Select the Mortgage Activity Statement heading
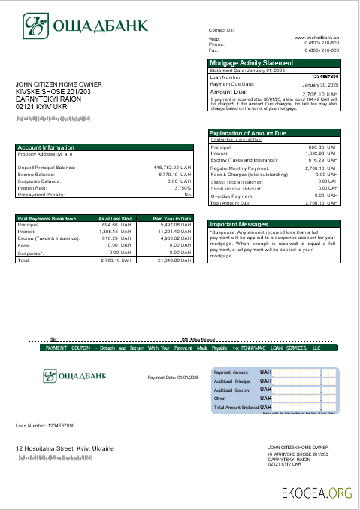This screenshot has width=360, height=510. pos(252,63)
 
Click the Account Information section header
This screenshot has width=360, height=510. pos(46,147)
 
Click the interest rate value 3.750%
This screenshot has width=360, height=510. pos(183,187)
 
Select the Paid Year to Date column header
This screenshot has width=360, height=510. pos(172,218)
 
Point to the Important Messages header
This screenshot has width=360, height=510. pos(238,224)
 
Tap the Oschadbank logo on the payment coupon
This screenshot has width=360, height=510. pos(74,375)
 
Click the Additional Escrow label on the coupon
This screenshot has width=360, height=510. pos(232,390)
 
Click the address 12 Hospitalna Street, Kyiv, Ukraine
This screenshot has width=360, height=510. pos(65,448)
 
